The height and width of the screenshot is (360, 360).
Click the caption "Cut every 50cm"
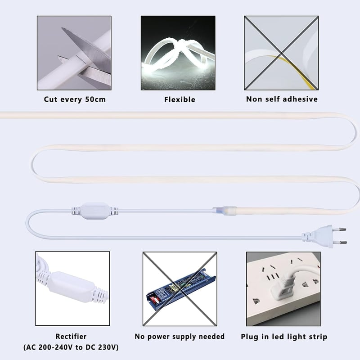[x=75, y=99]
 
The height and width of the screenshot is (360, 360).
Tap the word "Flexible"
[x=180, y=99]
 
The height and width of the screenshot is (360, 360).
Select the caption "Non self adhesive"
[x=282, y=99]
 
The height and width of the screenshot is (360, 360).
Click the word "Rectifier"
[x=71, y=336]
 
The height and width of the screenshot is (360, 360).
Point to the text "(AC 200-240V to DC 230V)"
[x=71, y=347]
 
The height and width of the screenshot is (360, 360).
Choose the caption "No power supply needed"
[x=180, y=336]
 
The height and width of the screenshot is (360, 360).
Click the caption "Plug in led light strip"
[x=284, y=337]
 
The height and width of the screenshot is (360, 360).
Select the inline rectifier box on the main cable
[x=95, y=211]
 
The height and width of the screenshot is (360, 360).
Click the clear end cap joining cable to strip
[x=225, y=211]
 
